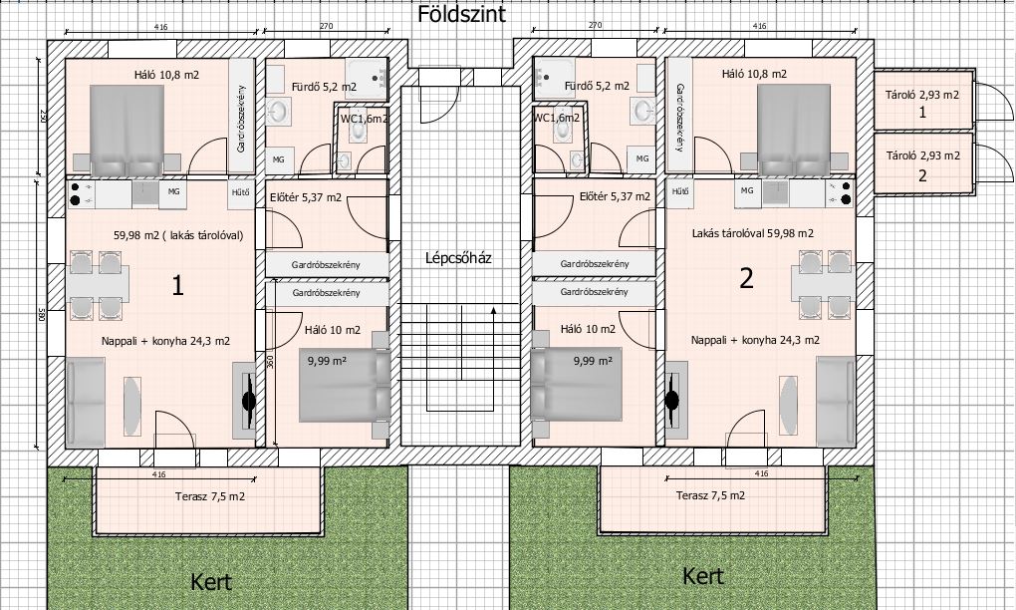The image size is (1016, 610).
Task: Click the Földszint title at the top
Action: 461,14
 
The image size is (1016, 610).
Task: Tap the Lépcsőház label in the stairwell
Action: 458,258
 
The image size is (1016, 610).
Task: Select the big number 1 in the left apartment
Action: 177,286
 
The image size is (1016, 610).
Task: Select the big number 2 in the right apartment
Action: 746,279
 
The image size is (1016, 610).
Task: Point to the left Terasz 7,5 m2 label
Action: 210,497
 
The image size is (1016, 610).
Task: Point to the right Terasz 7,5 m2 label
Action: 710,496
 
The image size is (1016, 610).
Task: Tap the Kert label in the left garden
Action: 211,582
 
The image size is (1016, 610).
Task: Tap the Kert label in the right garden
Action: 703,576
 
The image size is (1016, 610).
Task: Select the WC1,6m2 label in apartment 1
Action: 365,119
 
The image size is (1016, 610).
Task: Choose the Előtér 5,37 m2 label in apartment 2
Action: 615,196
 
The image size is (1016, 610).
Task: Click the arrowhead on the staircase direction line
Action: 494,310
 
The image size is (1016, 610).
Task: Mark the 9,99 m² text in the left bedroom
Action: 328,362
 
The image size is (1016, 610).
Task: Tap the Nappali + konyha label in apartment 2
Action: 755,340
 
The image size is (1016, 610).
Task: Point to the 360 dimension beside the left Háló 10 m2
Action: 271,361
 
